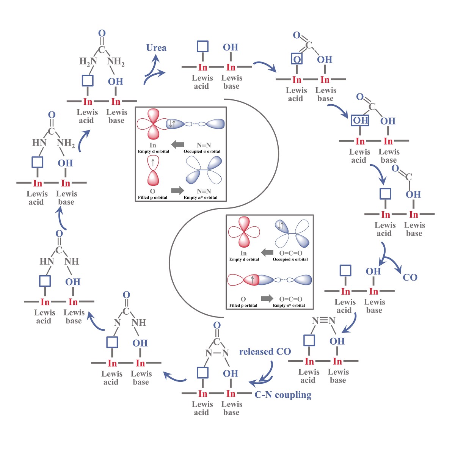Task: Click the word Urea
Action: [156, 48]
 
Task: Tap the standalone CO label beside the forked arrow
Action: [410, 278]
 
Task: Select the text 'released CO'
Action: [265, 351]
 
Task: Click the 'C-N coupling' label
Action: [283, 395]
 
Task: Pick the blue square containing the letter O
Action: [297, 59]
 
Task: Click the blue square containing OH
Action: [360, 121]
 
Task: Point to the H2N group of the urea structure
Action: [88, 61]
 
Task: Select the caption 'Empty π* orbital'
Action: [201, 197]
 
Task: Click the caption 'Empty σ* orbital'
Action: [289, 305]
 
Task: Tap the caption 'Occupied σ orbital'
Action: [202, 151]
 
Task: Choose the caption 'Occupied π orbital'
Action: [290, 259]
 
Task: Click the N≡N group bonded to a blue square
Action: [323, 321]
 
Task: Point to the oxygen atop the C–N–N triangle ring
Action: [217, 325]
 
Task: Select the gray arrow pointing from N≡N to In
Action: [177, 144]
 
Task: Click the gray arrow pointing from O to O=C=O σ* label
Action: [267, 298]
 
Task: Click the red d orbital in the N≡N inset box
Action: [152, 124]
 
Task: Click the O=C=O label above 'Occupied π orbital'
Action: [290, 253]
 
